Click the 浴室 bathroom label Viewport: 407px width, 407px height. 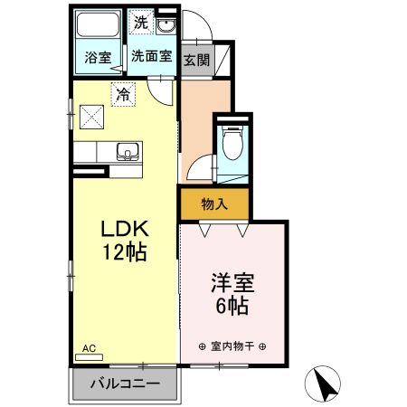[x=98, y=57]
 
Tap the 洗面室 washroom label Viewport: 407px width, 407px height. [x=151, y=56]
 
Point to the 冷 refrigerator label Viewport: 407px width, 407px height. [x=121, y=91]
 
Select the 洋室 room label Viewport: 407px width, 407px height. [x=232, y=282]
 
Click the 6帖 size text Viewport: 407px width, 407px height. [x=232, y=306]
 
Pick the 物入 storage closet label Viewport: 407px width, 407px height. [x=213, y=204]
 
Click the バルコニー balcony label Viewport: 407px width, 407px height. [x=124, y=383]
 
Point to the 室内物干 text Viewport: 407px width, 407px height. [x=232, y=346]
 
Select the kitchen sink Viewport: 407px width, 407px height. [x=124, y=152]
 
